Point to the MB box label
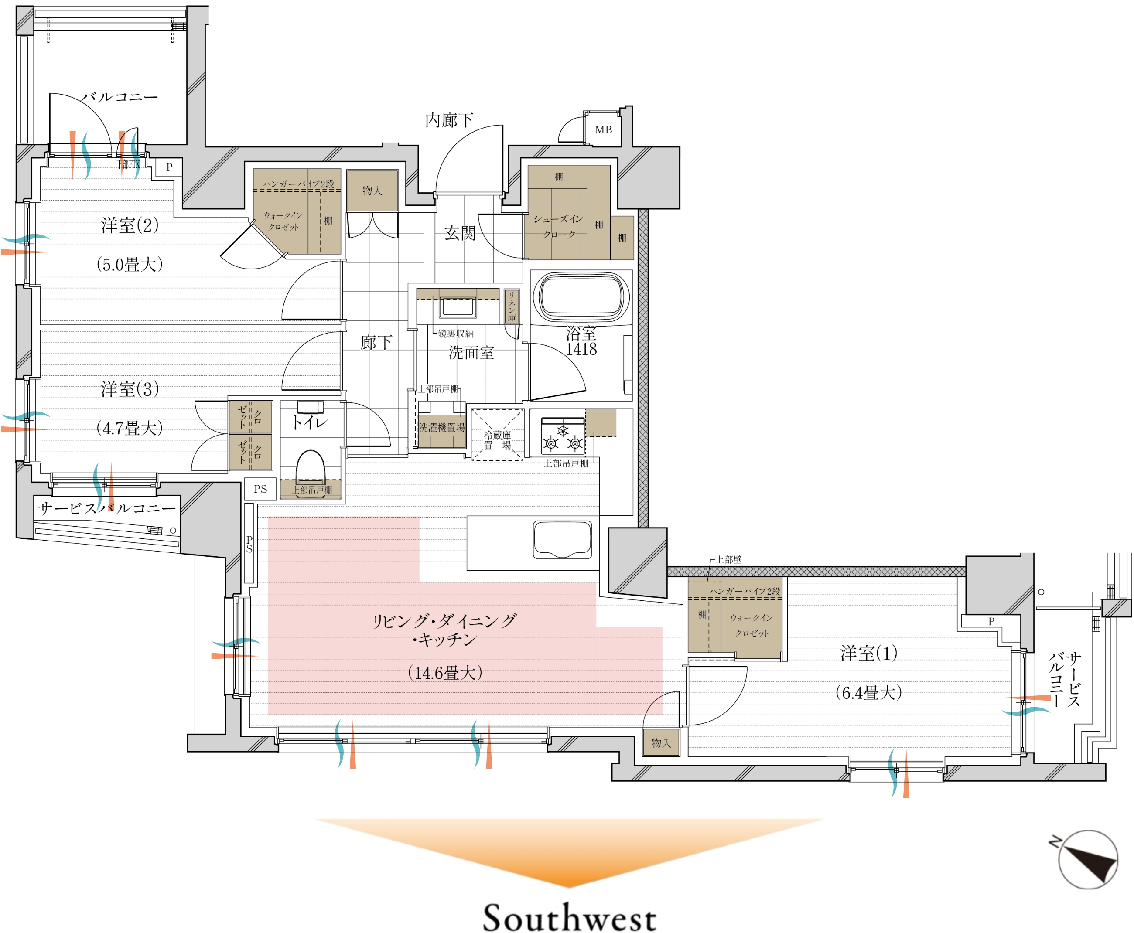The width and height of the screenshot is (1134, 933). pyautogui.click(x=603, y=129)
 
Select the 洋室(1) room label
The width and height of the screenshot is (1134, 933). pyautogui.click(x=868, y=653)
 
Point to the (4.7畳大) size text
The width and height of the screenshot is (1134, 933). pyautogui.click(x=130, y=428)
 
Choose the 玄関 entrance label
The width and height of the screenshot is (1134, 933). pyautogui.click(x=460, y=233)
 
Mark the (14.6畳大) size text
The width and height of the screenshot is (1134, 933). pyautogui.click(x=445, y=672)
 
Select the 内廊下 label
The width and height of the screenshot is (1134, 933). pyautogui.click(x=449, y=120)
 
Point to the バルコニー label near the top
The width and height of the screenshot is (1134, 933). pyautogui.click(x=120, y=97)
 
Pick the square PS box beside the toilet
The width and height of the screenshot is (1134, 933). pyautogui.click(x=260, y=489)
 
